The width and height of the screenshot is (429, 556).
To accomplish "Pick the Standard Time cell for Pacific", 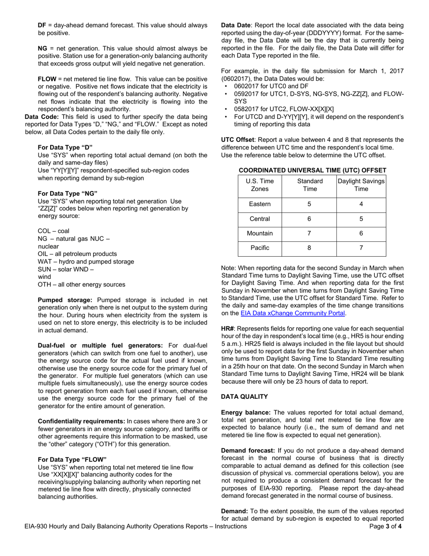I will click(x=309, y=247).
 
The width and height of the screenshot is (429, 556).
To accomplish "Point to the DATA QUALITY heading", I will click(x=244, y=396).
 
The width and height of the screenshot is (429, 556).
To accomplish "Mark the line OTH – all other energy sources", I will click(x=81, y=284).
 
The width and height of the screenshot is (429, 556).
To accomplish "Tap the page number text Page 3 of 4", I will click(x=385, y=526).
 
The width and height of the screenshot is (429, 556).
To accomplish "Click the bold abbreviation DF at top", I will click(x=42, y=25).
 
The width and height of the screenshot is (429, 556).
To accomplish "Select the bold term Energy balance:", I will click(x=246, y=412).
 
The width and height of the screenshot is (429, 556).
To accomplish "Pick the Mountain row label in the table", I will click(x=260, y=233).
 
